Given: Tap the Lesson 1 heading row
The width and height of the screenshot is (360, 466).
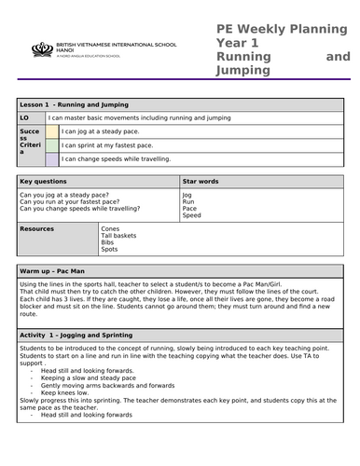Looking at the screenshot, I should (x=74, y=105).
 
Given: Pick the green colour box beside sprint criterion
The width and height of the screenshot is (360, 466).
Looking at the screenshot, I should (x=51, y=146).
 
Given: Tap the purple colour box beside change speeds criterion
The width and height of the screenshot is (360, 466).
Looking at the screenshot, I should (x=51, y=159).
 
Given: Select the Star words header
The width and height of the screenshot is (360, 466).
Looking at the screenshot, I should (x=201, y=181).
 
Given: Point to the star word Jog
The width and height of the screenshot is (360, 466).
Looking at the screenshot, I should (x=187, y=195).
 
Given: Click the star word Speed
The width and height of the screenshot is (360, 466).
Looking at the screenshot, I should (x=191, y=215).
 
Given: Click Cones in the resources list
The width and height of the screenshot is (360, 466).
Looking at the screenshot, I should (x=110, y=228).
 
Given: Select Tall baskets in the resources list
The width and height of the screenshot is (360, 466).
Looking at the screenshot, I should (x=118, y=236).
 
